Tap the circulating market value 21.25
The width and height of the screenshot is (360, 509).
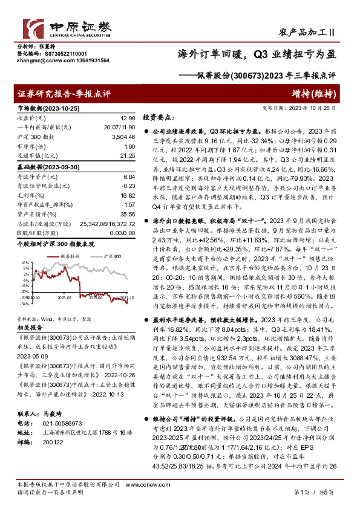[x=127, y=155]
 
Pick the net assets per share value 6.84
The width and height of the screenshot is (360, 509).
[x=128, y=177]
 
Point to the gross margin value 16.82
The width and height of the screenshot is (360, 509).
[x=128, y=195]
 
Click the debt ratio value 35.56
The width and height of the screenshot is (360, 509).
[x=128, y=214]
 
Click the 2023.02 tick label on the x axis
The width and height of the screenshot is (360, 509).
[x=65, y=297]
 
